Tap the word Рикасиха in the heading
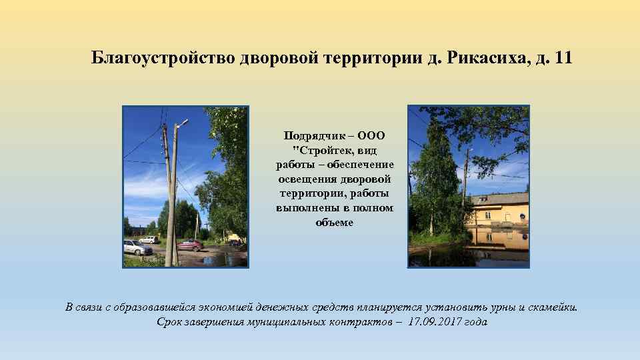click(488, 58)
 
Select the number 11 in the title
click(563, 58)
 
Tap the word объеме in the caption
click(335, 223)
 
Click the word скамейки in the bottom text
click(553, 307)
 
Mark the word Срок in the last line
click(169, 322)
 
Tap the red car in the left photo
click(190, 245)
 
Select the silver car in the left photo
click(137, 247)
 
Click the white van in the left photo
click(149, 239)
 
